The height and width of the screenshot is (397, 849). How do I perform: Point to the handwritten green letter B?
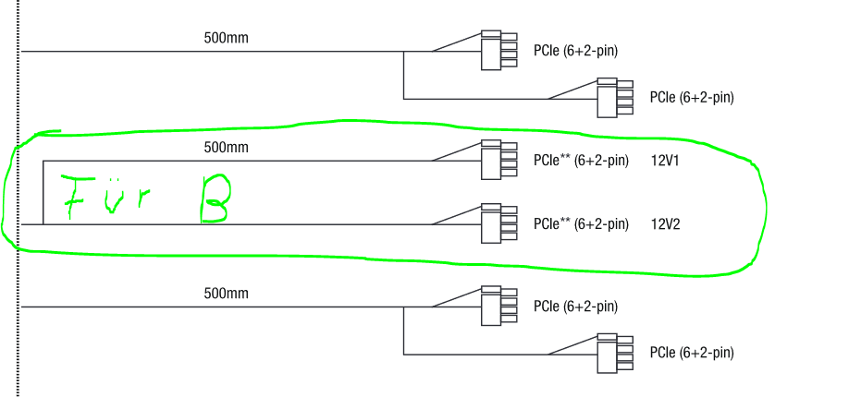(x=215, y=200)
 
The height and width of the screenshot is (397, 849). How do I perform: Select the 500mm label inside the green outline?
(x=226, y=147)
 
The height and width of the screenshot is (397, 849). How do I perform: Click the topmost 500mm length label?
(x=226, y=38)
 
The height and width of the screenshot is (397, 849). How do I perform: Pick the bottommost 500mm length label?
(x=226, y=294)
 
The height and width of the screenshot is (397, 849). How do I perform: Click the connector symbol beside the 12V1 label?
(x=498, y=160)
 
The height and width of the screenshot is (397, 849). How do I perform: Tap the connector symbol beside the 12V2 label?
(x=498, y=223)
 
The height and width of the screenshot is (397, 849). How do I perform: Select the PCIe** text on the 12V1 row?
(x=552, y=161)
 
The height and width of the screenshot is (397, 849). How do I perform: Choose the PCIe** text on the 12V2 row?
(x=552, y=224)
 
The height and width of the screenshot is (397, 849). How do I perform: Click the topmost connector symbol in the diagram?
(x=498, y=50)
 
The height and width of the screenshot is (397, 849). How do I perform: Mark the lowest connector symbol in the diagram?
(x=615, y=354)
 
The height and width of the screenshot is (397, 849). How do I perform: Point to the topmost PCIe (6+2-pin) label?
(x=575, y=51)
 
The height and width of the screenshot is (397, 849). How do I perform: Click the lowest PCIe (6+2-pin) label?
(x=692, y=354)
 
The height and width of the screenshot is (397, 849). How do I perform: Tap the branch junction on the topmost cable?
(x=404, y=52)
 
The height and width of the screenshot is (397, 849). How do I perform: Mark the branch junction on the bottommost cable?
(x=404, y=307)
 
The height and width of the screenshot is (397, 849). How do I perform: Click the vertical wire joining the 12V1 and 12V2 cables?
(x=43, y=193)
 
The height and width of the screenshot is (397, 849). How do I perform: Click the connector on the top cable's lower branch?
(x=615, y=97)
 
